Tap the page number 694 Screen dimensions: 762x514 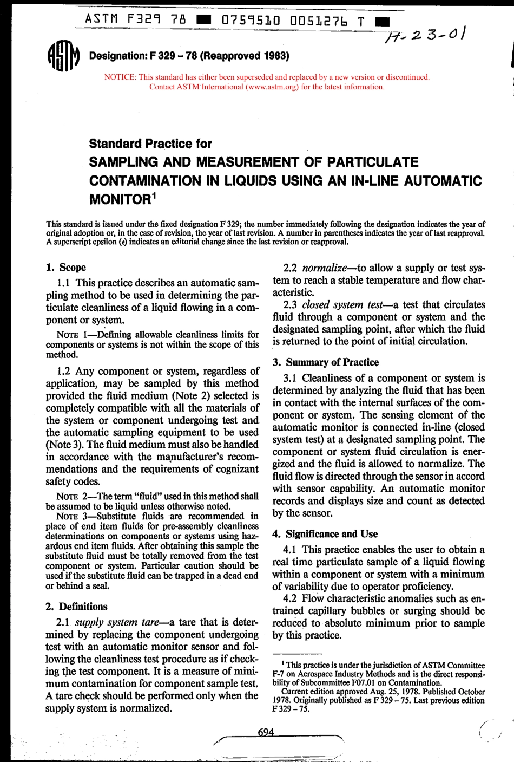point(266,732)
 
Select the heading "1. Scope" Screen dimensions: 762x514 point(65,267)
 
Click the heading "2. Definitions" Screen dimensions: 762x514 point(76,607)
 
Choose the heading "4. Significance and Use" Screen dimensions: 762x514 point(325,534)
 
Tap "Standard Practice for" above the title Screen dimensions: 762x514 point(150,144)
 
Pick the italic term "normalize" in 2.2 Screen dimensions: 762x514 point(324,268)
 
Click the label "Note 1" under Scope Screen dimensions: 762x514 point(73,335)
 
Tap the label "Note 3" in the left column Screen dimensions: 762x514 point(73,516)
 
